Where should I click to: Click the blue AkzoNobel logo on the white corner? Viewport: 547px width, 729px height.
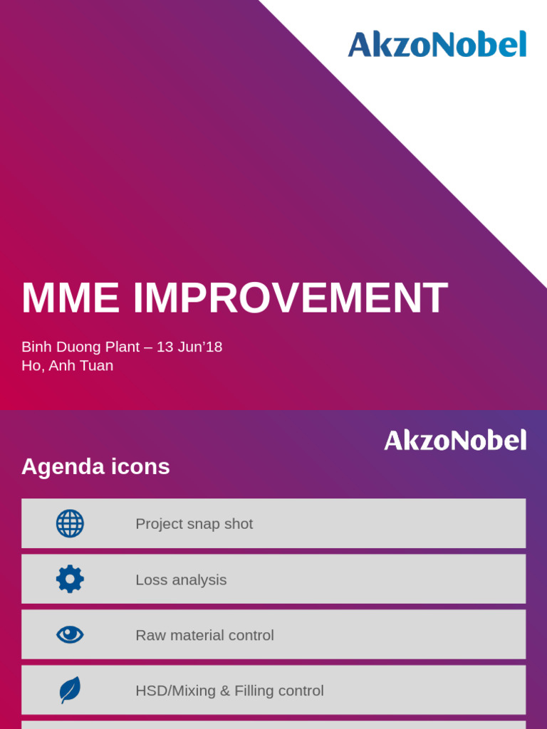[437, 44]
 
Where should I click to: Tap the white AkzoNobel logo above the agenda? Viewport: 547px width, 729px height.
[455, 440]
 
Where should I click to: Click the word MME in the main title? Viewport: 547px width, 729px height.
[71, 298]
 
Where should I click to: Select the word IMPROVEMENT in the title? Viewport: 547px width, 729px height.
[291, 298]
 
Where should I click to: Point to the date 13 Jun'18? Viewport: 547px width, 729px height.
[189, 347]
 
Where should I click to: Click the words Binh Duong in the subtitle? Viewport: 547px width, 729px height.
[61, 347]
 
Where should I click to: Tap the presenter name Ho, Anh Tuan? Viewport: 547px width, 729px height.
[68, 365]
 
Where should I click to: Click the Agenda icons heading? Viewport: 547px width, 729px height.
[95, 466]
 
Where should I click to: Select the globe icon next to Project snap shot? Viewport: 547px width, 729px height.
[71, 523]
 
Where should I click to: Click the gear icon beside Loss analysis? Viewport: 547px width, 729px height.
[71, 579]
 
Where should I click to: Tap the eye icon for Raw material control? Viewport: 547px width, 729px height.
[71, 634]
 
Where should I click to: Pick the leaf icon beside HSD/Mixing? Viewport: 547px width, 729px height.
[71, 690]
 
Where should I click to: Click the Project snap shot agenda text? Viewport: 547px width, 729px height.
[194, 524]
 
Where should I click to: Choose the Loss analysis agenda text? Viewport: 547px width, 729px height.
[181, 579]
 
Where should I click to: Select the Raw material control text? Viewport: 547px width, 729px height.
[204, 635]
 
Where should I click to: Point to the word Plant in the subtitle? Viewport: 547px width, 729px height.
[123, 347]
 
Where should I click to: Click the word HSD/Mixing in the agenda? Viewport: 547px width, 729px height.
[175, 691]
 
